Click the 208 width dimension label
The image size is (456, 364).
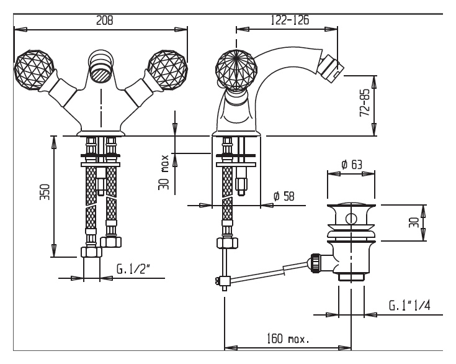pyautogui.click(x=104, y=20)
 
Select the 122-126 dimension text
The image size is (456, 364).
pyautogui.click(x=290, y=20)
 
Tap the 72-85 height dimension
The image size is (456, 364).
pyautogui.click(x=365, y=102)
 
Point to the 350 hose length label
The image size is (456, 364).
pyautogui.click(x=45, y=192)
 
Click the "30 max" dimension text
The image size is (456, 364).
pyautogui.click(x=163, y=173)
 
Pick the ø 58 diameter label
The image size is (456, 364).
pyautogui.click(x=284, y=196)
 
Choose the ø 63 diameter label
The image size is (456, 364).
pyautogui.click(x=352, y=165)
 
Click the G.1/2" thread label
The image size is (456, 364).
pyautogui.click(x=133, y=269)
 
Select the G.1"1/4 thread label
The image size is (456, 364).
pyautogui.click(x=409, y=305)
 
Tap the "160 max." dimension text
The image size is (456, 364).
pyautogui.click(x=288, y=339)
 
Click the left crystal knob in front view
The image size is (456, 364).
pyautogui.click(x=34, y=70)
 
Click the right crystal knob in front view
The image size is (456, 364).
pyautogui.click(x=168, y=70)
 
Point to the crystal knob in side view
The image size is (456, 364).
pyautogui.click(x=236, y=70)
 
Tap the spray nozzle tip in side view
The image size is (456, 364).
pyautogui.click(x=331, y=68)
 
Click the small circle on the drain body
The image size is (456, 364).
pyautogui.click(x=351, y=219)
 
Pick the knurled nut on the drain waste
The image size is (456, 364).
pyautogui.click(x=316, y=263)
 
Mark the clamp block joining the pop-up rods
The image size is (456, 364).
pyautogui.click(x=224, y=281)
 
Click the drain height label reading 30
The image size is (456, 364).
pyautogui.click(x=414, y=223)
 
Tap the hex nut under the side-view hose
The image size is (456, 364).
pyautogui.click(x=227, y=243)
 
